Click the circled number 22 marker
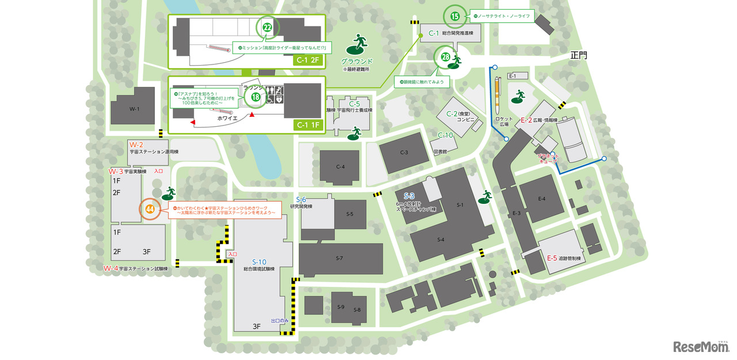267,27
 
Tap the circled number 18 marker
256,97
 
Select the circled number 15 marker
455,17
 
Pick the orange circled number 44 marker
150,209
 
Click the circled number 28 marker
446,56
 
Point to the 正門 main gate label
579,56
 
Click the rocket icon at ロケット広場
499,92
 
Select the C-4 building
340,167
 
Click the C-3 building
404,153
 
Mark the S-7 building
340,258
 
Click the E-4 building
541,199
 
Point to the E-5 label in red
552,258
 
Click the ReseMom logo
701,346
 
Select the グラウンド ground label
357,61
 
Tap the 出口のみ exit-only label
280,321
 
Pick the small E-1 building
513,76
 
